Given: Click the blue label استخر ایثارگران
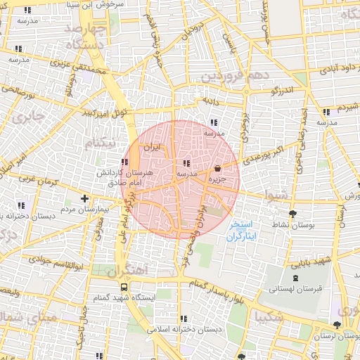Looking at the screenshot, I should (x=241, y=230).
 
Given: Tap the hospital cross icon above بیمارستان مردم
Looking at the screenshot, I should (x=85, y=199).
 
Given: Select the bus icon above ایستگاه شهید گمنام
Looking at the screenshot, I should (x=124, y=287).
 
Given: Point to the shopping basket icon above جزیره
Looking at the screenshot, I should (x=217, y=169).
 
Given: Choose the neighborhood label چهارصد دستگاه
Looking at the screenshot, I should (x=85, y=36).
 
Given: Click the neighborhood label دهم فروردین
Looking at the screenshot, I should (x=233, y=75).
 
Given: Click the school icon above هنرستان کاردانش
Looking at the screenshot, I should (x=124, y=162).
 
